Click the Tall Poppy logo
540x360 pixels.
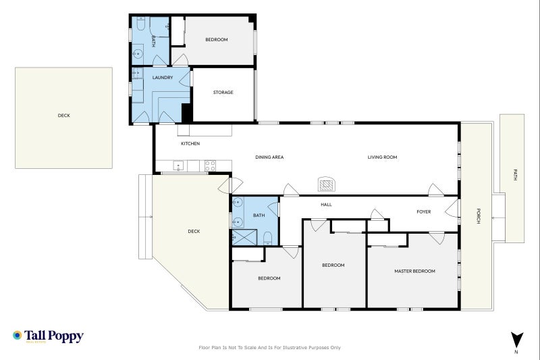47,336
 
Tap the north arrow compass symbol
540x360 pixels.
516,340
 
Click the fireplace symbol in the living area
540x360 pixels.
326,184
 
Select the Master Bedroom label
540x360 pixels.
414,271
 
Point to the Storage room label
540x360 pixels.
223,93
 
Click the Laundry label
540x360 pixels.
163,78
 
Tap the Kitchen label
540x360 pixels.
190,144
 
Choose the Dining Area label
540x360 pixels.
269,157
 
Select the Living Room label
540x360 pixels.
382,157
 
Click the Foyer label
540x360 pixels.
423,211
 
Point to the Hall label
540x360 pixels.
326,205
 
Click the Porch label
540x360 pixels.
478,216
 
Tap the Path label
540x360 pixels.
514,175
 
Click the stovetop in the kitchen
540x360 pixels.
210,164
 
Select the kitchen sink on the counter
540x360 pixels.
178,164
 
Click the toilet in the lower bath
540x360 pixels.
268,236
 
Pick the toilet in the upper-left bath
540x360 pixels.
140,25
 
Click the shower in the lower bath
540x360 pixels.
244,236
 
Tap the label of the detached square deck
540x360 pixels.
63,115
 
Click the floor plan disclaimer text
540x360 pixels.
270,348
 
